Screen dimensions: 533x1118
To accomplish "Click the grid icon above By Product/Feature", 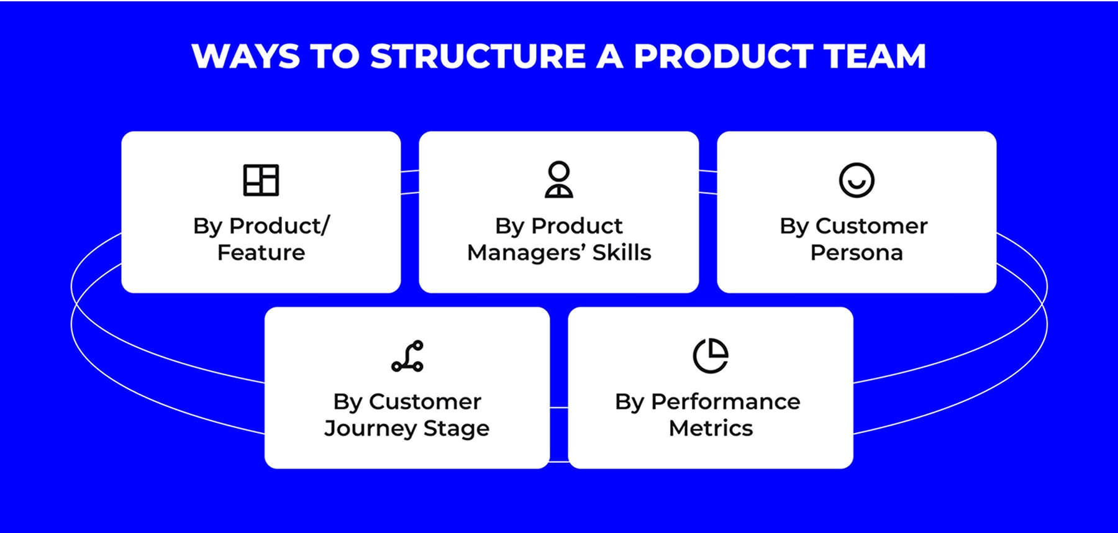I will coord(261,180).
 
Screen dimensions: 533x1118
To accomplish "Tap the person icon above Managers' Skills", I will coord(559,180).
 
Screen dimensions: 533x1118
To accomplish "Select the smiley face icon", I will coord(857,180).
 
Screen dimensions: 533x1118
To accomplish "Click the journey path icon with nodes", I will coord(407,356).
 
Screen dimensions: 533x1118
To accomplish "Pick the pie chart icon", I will coord(711,356).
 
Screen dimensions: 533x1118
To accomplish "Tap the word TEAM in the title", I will coord(876,57).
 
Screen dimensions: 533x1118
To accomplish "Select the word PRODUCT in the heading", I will coord(723,57).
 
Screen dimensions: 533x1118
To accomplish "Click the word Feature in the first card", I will coord(261,253).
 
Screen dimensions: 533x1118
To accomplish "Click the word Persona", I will coord(857,253).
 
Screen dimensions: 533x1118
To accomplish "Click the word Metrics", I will coord(711,429).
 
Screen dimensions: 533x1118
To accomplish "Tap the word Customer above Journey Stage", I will coord(425,402).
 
